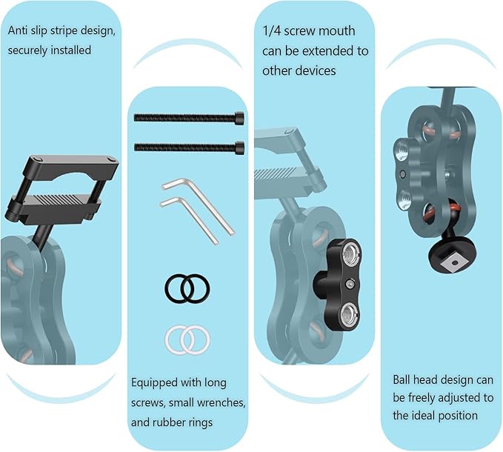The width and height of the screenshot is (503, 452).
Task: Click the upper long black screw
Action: (x=189, y=117)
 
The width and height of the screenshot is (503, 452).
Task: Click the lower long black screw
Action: (x=189, y=147)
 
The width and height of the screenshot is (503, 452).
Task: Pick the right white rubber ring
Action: (x=196, y=340)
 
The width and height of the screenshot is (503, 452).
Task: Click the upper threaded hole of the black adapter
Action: (x=350, y=253)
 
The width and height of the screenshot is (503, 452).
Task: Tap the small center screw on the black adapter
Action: (x=350, y=284)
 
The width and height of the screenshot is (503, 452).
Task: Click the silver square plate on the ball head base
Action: (x=453, y=263)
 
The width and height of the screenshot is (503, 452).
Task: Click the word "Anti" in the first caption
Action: (x=18, y=30)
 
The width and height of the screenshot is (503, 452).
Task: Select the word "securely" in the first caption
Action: (x=27, y=50)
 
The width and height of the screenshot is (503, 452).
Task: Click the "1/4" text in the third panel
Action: (x=271, y=31)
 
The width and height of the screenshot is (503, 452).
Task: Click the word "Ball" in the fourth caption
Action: (x=402, y=380)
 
